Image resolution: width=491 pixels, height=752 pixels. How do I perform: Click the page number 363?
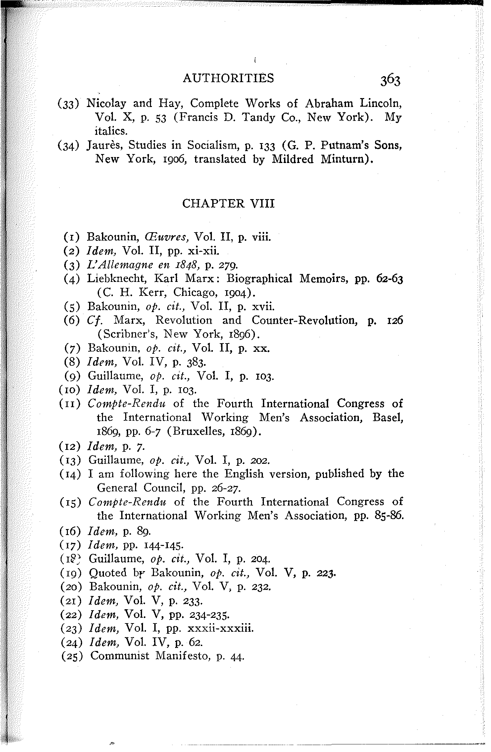(390, 80)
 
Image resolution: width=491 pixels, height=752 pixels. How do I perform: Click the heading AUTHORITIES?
(228, 78)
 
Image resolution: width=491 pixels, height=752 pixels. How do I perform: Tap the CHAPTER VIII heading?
(228, 203)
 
